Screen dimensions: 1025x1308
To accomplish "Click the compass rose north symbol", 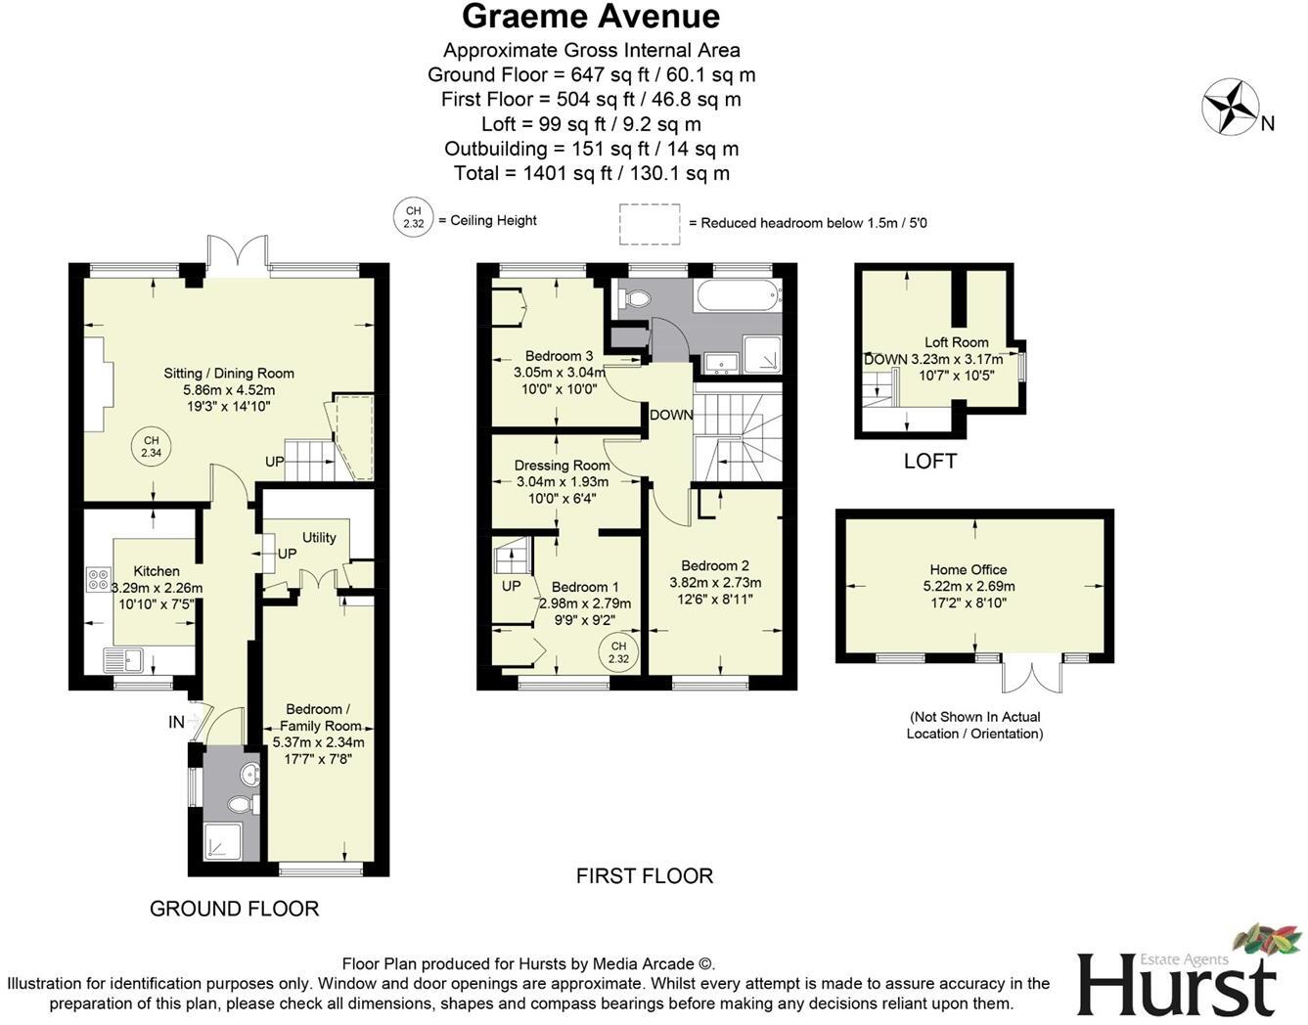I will point(1231,107).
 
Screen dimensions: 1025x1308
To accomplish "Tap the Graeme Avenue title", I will point(590,17).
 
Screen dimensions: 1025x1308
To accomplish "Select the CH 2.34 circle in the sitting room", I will point(151,447).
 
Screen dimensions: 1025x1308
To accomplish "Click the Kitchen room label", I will point(157,571).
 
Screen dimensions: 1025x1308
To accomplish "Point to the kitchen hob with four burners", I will point(98,579).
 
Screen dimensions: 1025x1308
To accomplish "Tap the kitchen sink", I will point(124,660).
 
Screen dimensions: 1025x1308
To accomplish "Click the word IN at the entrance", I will point(176,722).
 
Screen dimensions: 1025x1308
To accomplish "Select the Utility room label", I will point(319,537).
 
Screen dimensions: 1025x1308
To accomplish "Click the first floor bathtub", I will point(738,293).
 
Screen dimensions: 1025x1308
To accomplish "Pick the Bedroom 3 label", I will point(559,356).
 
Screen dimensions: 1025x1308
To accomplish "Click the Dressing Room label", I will point(562,466).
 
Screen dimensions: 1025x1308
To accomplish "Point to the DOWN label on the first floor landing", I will point(671,415).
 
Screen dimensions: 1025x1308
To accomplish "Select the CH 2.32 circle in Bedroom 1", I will point(618,652).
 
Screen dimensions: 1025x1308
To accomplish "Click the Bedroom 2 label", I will point(715,565).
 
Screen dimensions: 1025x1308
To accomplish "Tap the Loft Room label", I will point(956,342).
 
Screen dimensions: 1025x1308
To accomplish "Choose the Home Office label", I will point(968,569).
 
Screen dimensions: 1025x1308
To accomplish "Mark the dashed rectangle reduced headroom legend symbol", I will point(650,223).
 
